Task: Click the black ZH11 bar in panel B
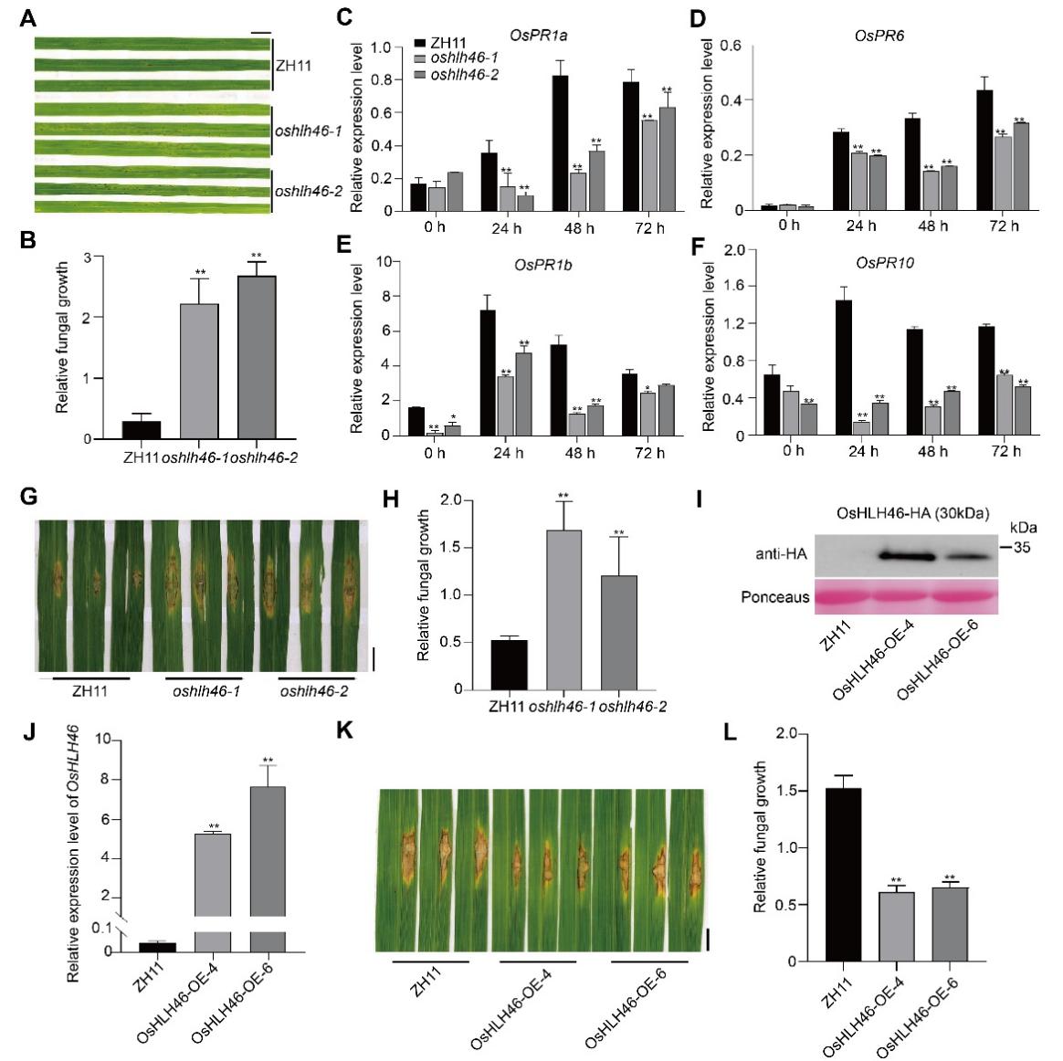click(x=142, y=430)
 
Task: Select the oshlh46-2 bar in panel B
click(x=257, y=357)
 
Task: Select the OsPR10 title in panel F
click(x=885, y=263)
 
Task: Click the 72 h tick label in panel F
click(x=1003, y=450)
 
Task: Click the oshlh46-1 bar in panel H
click(x=563, y=609)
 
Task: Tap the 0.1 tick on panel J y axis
click(x=102, y=928)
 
